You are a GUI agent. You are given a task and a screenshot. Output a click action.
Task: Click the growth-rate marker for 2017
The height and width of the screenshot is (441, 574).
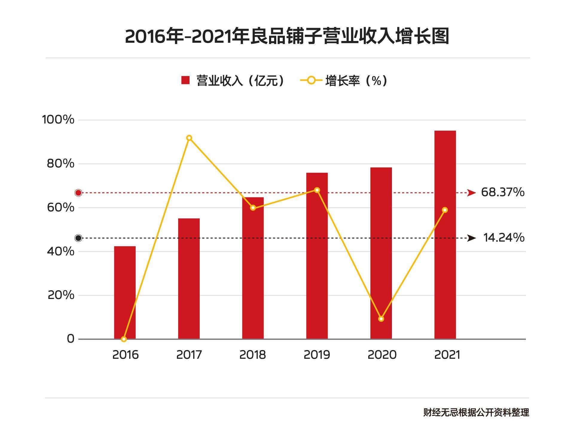coord(189,138)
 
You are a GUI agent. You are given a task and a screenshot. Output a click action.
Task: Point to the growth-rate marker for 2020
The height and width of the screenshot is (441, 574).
coord(381,319)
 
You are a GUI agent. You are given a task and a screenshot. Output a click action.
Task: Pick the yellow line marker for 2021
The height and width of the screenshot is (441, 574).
coord(445,210)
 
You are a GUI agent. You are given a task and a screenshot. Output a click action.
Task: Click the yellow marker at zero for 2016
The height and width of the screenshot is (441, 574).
coord(124,339)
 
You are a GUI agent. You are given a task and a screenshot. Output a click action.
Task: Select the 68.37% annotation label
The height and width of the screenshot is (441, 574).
coord(503,192)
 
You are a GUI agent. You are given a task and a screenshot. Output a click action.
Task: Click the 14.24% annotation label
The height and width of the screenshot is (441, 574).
coord(504,237)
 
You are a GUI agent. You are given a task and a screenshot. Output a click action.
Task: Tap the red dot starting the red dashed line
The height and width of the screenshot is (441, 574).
coord(78,193)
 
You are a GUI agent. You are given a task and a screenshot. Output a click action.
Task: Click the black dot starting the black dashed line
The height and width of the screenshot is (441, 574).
coord(78,238)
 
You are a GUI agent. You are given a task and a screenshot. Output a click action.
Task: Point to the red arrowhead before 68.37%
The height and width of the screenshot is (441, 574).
coord(471,193)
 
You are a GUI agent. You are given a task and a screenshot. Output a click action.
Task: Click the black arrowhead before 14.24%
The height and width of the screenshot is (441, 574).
coord(471,238)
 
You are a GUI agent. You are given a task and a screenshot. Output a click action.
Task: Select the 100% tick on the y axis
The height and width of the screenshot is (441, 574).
coord(58,120)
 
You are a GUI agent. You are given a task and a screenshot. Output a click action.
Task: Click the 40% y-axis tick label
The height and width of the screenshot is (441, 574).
coord(60,251)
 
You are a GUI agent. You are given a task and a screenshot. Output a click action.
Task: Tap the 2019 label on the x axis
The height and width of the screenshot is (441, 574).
coord(317,355)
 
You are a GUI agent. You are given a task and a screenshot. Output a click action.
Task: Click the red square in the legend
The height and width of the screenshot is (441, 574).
coord(185,80)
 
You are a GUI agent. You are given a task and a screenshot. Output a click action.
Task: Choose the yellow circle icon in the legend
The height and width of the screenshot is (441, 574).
coord(311,80)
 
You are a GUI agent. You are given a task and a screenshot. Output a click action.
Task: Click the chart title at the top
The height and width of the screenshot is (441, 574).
coord(287,36)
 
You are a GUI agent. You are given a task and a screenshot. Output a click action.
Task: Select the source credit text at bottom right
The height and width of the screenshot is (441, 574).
coord(476,413)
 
